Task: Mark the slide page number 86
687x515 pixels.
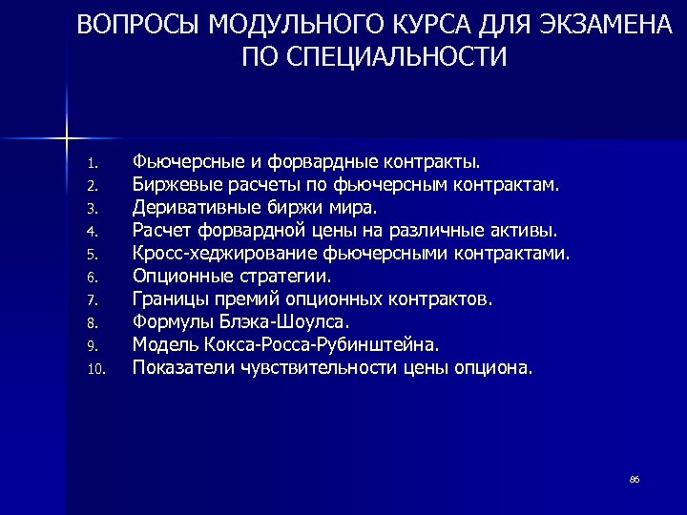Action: pos(634,478)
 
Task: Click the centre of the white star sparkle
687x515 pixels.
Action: pos(67,139)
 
